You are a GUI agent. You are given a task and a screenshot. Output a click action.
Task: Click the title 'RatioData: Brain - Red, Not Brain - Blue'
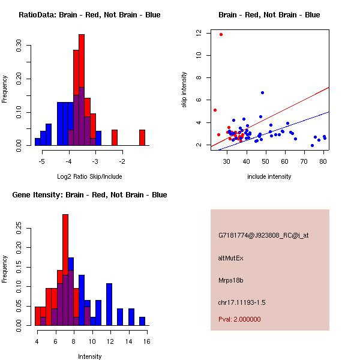pyautogui.click(x=89, y=15)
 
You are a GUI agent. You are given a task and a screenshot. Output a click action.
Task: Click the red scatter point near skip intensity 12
pyautogui.click(x=221, y=35)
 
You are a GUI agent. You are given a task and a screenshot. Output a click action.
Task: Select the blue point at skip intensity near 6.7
pyautogui.click(x=262, y=92)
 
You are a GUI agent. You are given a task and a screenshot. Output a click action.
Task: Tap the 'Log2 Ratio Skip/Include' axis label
pyautogui.click(x=89, y=176)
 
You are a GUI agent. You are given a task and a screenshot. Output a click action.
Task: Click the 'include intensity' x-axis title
pyautogui.click(x=269, y=176)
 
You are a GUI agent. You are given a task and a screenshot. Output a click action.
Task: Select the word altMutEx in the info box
pyautogui.click(x=231, y=258)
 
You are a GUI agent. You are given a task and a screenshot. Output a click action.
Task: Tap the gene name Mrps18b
pyautogui.click(x=231, y=280)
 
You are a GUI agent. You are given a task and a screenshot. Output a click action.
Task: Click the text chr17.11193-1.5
pyautogui.click(x=241, y=301)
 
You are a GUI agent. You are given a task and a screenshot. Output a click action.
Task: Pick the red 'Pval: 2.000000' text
pyautogui.click(x=239, y=319)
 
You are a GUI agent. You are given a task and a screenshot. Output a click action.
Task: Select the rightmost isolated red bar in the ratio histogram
pyautogui.click(x=142, y=137)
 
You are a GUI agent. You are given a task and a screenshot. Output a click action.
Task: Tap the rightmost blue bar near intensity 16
pyautogui.click(x=142, y=321)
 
